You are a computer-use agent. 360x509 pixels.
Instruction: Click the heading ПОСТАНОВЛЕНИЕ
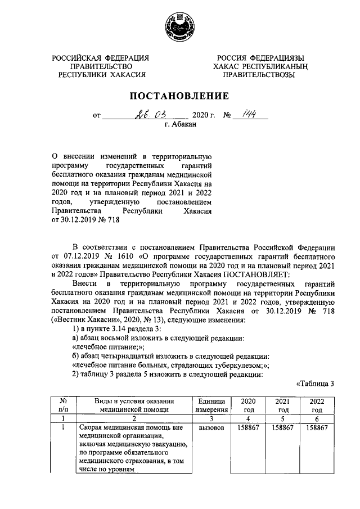(179, 96)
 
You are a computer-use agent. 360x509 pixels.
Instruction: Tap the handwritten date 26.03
(147, 116)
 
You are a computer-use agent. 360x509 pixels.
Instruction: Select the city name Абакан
(180, 126)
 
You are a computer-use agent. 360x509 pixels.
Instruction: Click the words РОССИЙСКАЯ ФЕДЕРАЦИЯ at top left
(101, 58)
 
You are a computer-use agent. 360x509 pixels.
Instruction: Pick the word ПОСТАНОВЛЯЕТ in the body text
(257, 274)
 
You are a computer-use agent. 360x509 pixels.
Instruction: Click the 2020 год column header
(247, 406)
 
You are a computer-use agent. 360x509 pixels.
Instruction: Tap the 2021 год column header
(282, 406)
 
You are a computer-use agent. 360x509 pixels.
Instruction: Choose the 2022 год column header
(317, 406)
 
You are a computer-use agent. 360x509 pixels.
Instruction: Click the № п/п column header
(64, 406)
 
